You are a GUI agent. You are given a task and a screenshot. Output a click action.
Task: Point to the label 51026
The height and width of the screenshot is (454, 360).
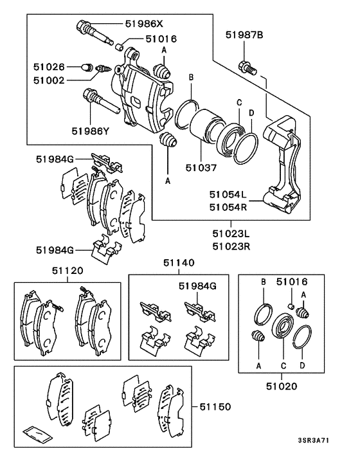(x=50, y=66)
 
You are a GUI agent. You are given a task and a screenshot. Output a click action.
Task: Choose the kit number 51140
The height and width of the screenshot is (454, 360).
(x=178, y=263)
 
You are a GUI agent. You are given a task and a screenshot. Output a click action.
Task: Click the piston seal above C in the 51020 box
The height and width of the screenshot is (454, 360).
(x=281, y=325)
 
